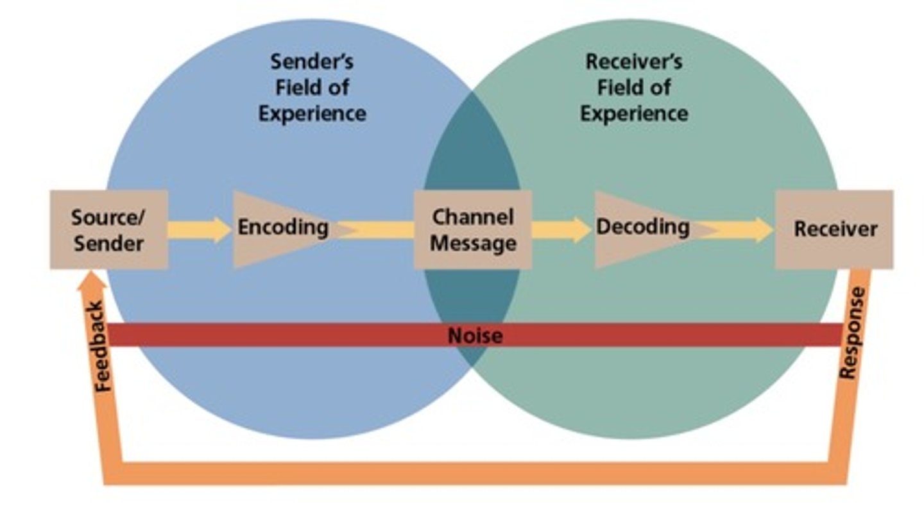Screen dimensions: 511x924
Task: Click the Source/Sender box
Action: tap(108, 229)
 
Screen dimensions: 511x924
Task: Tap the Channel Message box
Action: tap(473, 230)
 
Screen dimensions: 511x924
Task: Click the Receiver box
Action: tap(834, 229)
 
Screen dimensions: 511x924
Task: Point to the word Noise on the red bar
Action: tap(475, 335)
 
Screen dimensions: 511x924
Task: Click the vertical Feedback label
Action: tap(103, 346)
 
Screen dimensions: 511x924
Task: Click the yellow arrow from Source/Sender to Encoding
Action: tap(199, 230)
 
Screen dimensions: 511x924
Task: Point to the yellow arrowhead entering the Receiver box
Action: tap(764, 230)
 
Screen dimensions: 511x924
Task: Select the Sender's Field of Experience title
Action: tap(312, 88)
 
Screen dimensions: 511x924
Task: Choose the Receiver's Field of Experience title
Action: tap(634, 88)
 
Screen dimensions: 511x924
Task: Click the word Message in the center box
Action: tap(473, 243)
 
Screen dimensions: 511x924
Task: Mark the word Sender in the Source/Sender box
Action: tap(108, 243)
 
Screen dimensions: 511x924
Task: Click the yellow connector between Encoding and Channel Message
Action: tap(379, 230)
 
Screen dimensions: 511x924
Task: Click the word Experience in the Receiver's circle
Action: tap(634, 113)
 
